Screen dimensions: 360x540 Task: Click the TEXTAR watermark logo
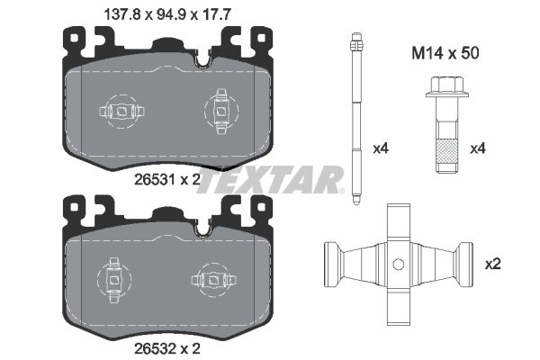(270, 180)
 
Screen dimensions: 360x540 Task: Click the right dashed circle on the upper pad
(220, 112)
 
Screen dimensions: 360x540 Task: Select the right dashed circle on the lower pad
(212, 277)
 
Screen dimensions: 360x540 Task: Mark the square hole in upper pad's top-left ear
(69, 38)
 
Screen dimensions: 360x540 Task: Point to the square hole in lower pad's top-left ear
(69, 209)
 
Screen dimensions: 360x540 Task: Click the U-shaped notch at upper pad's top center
(203, 60)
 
